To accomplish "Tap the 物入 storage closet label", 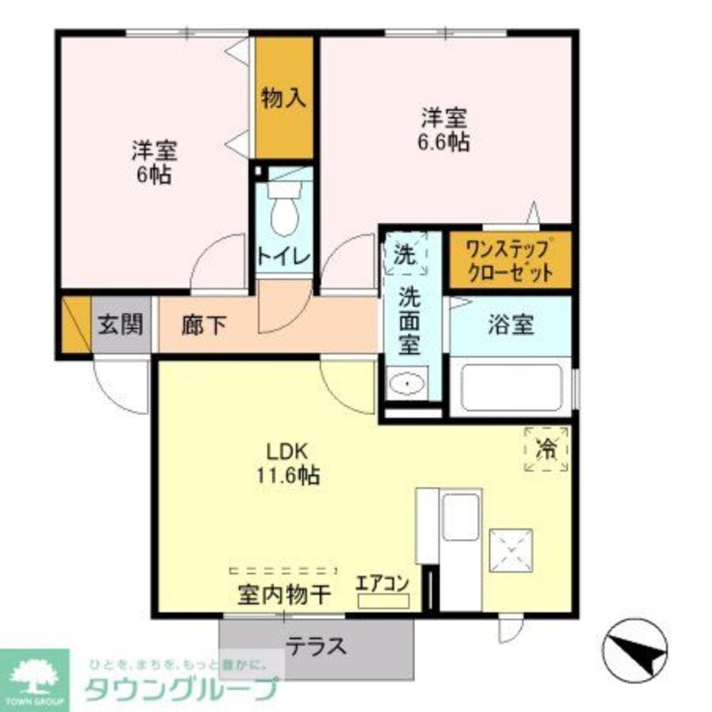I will click(x=283, y=98).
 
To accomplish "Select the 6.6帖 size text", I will click(x=443, y=142).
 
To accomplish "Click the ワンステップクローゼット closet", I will click(x=508, y=261).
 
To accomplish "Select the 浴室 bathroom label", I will click(x=511, y=325).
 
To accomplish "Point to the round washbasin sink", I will click(x=407, y=385).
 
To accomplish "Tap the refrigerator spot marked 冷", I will click(x=546, y=449).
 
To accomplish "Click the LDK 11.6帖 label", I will click(x=287, y=463).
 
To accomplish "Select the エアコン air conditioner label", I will click(x=382, y=583).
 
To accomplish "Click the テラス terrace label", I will click(x=316, y=646).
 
